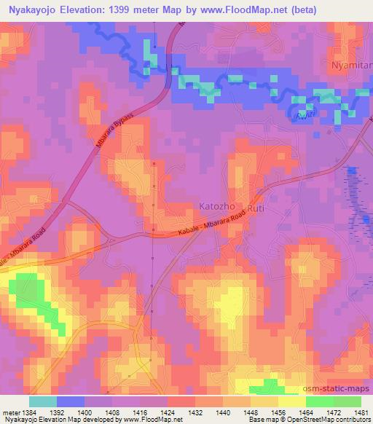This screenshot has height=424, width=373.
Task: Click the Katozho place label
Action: coord(217,207)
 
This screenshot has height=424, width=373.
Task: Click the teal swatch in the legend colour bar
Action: coord(43,401)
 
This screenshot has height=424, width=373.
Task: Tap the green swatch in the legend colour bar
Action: coord(334,401)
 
